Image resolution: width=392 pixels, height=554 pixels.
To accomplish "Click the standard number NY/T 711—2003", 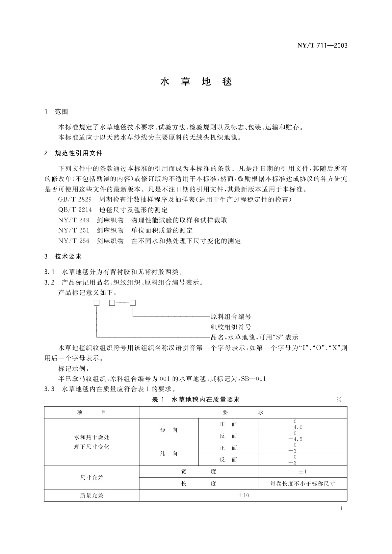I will pyautogui.click(x=323, y=46).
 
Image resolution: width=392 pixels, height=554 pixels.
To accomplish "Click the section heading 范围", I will pyautogui.click(x=61, y=112).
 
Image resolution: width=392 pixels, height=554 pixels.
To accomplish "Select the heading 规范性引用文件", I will pyautogui.click(x=78, y=153).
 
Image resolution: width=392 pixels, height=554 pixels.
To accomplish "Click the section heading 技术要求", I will pyautogui.click(x=68, y=257).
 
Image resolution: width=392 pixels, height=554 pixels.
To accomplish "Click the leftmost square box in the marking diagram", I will pyautogui.click(x=96, y=303).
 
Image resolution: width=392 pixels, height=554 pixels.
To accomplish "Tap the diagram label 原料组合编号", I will pyautogui.click(x=231, y=316).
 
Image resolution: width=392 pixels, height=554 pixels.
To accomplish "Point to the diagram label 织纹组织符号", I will pyautogui.click(x=231, y=327).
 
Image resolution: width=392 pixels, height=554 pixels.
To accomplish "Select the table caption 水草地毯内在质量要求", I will pyautogui.click(x=206, y=400).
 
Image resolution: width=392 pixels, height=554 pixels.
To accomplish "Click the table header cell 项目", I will pyautogui.click(x=91, y=412).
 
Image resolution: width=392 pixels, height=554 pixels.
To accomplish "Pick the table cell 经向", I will pyautogui.click(x=169, y=430).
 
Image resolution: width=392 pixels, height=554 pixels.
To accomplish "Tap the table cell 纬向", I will pyautogui.click(x=169, y=454).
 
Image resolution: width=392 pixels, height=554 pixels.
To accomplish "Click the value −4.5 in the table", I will pyautogui.click(x=295, y=439).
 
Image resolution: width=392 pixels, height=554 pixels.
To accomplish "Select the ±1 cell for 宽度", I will pyautogui.click(x=302, y=471).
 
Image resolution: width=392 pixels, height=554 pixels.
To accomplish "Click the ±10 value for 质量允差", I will pyautogui.click(x=243, y=495).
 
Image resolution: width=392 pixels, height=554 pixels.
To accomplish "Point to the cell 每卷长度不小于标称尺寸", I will pyautogui.click(x=302, y=484).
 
